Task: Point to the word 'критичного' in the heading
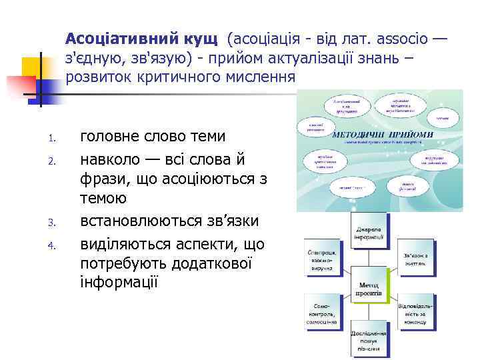click(x=189, y=77)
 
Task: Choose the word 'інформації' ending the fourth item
click(x=119, y=281)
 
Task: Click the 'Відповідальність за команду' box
click(x=416, y=311)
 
